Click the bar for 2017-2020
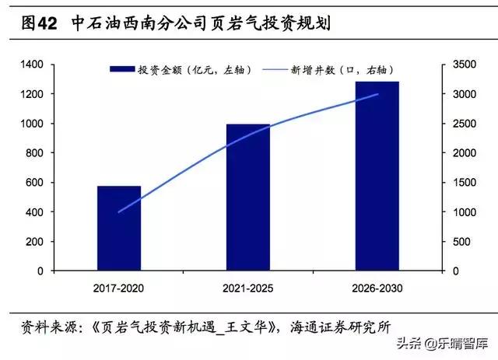[119, 229]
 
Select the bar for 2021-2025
[248, 197]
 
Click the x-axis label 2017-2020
[119, 289]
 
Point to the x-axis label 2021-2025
[248, 289]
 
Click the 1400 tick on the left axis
[33, 65]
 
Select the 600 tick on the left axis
[37, 183]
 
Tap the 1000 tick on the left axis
[33, 124]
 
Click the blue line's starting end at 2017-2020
[119, 211]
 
